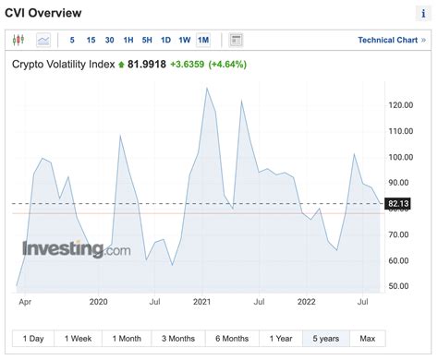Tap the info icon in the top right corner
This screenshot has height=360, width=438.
422,13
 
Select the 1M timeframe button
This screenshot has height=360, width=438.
203,40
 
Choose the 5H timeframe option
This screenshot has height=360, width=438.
147,40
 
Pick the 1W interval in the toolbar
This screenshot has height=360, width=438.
184,40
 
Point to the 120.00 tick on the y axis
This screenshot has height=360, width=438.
400,105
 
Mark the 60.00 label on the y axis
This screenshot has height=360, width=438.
400,260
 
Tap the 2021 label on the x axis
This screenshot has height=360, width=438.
202,301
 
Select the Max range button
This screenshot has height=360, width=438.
367,339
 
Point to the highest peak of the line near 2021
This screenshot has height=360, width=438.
206,89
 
